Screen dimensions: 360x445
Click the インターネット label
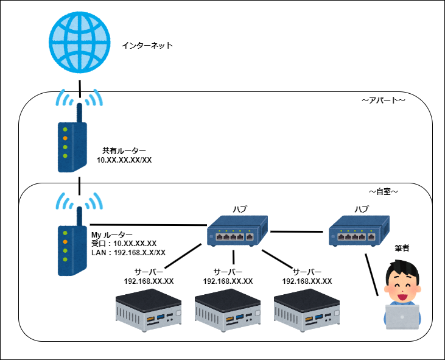click(x=147, y=46)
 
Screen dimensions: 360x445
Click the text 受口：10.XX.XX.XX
click(x=124, y=244)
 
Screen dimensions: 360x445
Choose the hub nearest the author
click(x=359, y=231)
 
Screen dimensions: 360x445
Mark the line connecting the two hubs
click(x=296, y=231)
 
